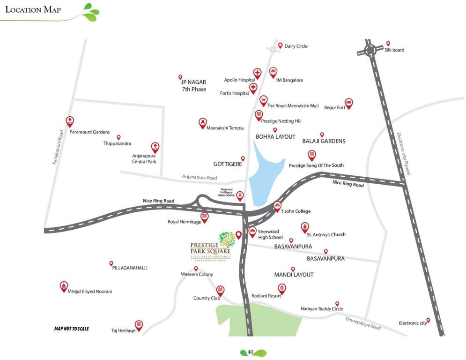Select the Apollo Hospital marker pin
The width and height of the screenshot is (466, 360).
click(x=257, y=73)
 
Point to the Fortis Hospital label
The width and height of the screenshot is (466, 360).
click(x=234, y=93)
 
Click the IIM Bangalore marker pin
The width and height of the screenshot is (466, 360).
click(x=274, y=72)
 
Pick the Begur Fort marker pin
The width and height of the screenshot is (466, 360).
click(x=348, y=103)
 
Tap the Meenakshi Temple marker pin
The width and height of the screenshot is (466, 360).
click(x=202, y=123)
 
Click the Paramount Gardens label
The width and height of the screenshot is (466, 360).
click(x=89, y=132)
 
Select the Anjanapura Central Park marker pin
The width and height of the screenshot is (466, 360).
click(x=155, y=147)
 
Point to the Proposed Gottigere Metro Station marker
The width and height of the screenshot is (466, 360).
click(x=240, y=195)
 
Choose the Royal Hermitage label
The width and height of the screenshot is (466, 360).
click(x=184, y=222)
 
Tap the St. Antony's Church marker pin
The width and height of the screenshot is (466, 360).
click(x=305, y=227)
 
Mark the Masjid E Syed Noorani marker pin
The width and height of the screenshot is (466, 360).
click(x=64, y=286)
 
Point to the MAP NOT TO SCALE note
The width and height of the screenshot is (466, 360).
click(x=71, y=329)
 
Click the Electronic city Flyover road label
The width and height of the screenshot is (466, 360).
click(x=403, y=154)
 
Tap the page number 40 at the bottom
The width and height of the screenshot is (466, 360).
click(x=251, y=352)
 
